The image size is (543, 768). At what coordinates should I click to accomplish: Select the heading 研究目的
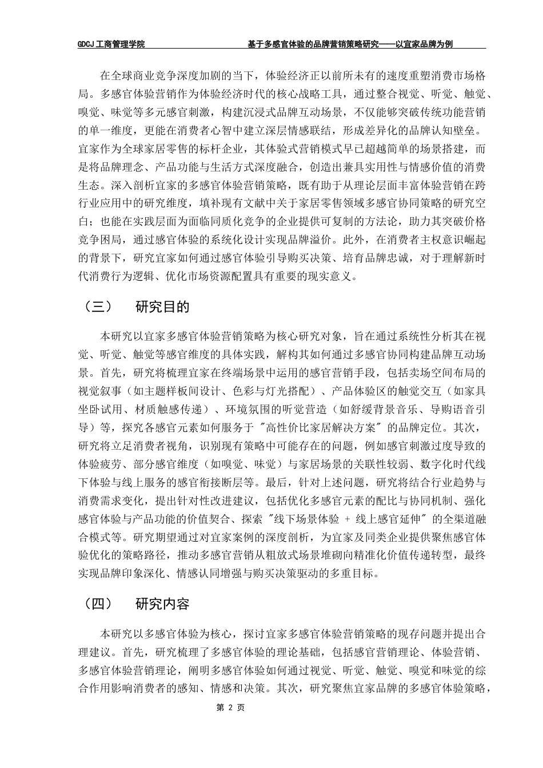click(x=162, y=307)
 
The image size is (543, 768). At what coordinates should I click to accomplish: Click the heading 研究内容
click(x=162, y=604)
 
